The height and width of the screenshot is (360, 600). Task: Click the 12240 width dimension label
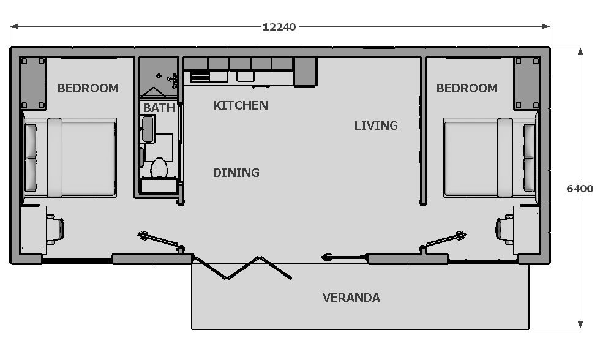click(x=279, y=27)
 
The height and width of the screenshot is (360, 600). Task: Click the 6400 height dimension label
click(x=580, y=189)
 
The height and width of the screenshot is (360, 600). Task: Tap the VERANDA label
click(x=351, y=298)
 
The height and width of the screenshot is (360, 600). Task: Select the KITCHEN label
click(x=241, y=105)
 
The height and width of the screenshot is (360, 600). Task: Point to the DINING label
click(x=236, y=173)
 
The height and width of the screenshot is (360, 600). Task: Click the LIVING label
click(x=376, y=126)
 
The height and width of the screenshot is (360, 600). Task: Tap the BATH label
click(x=159, y=108)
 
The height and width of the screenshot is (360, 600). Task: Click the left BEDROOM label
click(x=88, y=88)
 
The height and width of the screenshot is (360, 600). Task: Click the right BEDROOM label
click(x=467, y=88)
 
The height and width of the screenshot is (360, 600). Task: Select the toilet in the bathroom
click(x=159, y=168)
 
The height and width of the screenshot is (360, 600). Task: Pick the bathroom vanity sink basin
click(x=148, y=129)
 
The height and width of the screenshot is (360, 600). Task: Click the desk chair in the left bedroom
click(x=56, y=230)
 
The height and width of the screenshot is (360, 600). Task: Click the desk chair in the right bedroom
click(x=504, y=230)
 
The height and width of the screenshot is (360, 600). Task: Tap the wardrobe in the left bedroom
click(x=33, y=83)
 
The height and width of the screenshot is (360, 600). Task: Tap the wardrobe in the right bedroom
click(x=527, y=83)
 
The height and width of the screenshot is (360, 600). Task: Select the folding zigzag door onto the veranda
click(x=242, y=268)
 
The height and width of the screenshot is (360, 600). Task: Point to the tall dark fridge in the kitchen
click(x=305, y=72)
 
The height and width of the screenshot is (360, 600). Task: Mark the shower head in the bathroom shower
click(x=171, y=79)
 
